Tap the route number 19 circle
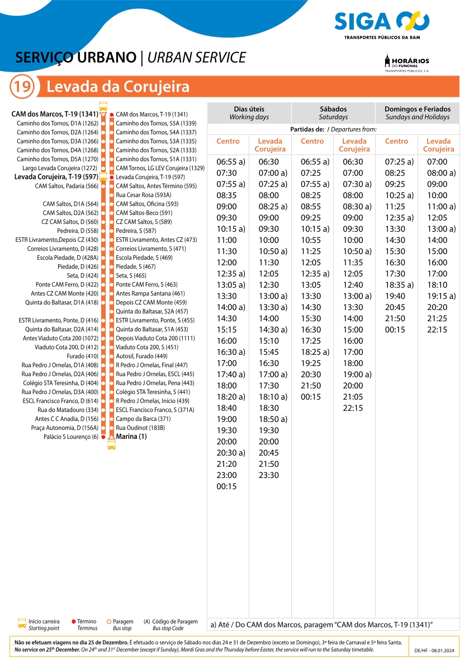(x=22, y=87)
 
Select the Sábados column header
(x=333, y=112)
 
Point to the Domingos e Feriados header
(x=417, y=112)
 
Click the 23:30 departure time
(x=268, y=475)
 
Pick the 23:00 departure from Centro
(x=226, y=475)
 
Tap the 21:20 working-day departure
(x=226, y=464)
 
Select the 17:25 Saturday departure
(x=311, y=341)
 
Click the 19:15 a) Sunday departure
(x=441, y=296)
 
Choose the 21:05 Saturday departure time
(x=353, y=397)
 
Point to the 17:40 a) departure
(x=231, y=374)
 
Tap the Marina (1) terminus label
(x=131, y=437)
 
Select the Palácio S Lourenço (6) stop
(x=72, y=437)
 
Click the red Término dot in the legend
(x=74, y=622)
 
